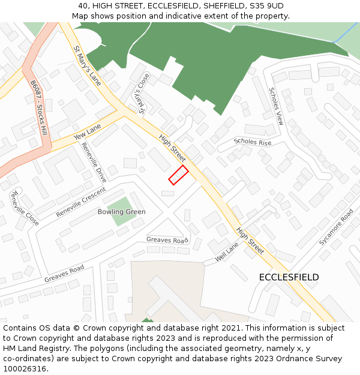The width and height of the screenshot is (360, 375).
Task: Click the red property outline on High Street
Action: point(178,175)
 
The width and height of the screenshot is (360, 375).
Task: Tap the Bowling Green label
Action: point(122,212)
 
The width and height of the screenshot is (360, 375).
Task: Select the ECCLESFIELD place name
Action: point(289,277)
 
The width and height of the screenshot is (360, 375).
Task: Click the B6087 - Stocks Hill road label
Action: point(38,109)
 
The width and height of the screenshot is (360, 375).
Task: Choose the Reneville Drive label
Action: point(94,163)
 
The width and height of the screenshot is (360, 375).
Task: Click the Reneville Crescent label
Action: point(80,202)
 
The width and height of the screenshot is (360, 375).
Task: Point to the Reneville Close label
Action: point(25,208)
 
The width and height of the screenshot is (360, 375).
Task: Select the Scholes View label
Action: point(275,106)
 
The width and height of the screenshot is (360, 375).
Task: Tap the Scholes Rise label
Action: point(253,143)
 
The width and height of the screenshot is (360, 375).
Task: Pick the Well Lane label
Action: point(227,252)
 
